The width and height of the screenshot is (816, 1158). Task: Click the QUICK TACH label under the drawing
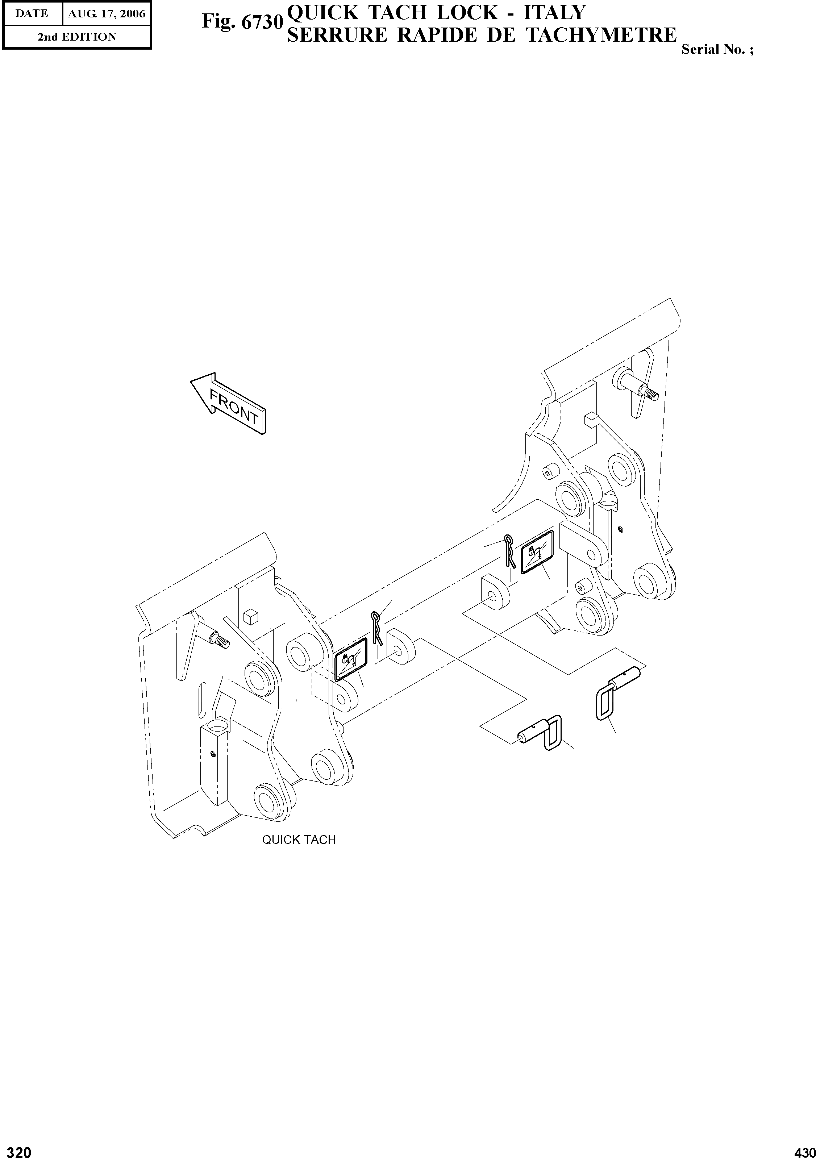point(299,839)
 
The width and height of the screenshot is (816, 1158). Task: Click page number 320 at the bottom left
point(16,1149)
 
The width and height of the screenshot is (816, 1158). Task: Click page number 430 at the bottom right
point(804,1149)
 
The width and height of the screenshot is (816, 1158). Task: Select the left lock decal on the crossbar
point(350,659)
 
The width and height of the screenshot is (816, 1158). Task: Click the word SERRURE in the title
point(337,35)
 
